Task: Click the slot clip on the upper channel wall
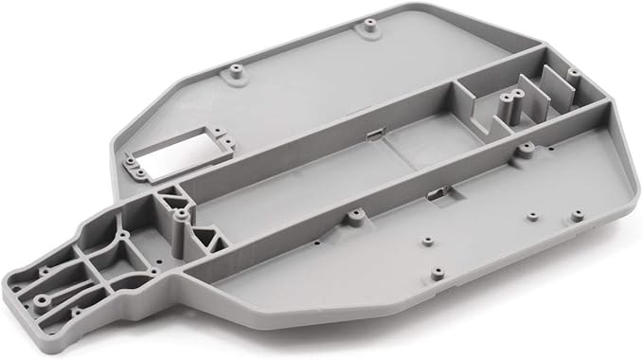375,135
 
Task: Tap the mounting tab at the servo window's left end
135,173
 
